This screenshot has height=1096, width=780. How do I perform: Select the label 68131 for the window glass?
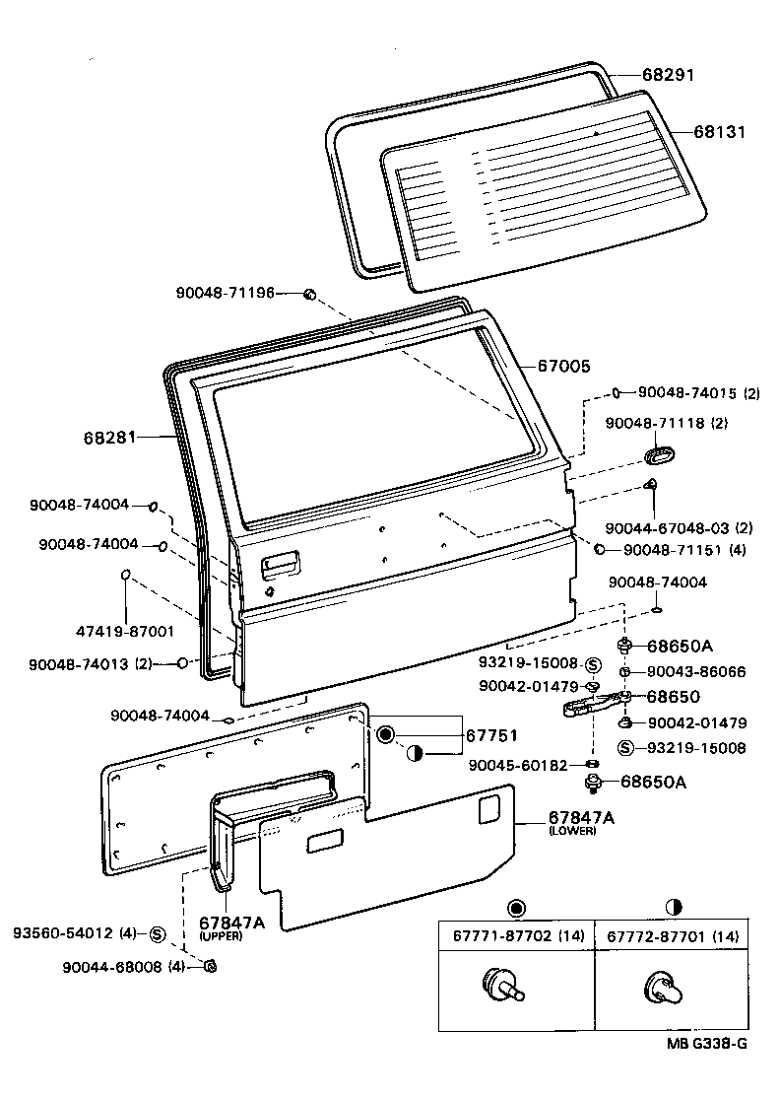(720, 131)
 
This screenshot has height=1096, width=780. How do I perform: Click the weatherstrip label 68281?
(111, 436)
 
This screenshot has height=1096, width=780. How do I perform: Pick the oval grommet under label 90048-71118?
(656, 453)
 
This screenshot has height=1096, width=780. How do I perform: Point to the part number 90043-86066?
(696, 672)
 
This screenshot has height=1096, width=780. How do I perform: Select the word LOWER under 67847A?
(567, 832)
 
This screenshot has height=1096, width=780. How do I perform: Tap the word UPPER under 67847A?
(221, 935)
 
